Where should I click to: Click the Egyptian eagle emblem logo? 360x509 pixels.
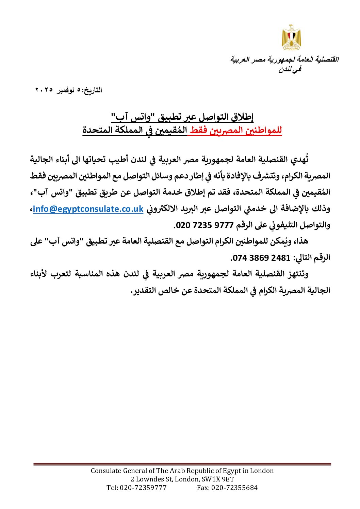291,37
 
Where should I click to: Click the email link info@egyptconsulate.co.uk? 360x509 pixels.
88,209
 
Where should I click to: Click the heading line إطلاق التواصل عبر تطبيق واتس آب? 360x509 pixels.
182,118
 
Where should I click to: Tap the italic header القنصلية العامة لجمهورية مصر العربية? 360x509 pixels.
284,60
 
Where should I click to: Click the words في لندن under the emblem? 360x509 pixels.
290,70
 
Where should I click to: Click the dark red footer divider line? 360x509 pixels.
182,464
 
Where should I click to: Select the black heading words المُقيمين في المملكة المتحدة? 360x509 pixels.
135,131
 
